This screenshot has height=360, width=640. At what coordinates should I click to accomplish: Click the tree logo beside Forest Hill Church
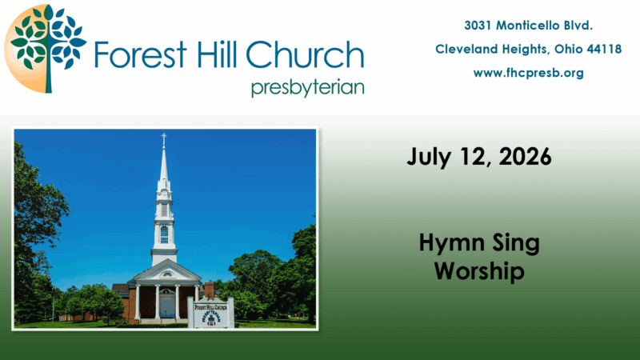coord(46,49)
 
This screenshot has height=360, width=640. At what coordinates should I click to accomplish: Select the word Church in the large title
coord(305,54)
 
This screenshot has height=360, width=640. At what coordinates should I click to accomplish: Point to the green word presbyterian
coord(308,88)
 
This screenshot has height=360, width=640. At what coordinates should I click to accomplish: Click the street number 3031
coord(478,26)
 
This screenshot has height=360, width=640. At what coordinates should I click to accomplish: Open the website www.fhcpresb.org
coord(529,73)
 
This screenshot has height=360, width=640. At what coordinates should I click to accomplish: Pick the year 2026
coord(525,157)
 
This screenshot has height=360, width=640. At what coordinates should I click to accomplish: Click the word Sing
coord(516,244)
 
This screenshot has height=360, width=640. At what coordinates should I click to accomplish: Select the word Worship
coord(479,271)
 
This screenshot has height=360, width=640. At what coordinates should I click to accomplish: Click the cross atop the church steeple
coord(164,139)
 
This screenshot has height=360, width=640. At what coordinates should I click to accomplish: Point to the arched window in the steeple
coord(164,234)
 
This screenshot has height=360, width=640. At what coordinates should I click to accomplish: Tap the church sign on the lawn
coord(210,313)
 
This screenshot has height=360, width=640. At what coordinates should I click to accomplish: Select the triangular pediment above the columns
coord(166,272)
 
